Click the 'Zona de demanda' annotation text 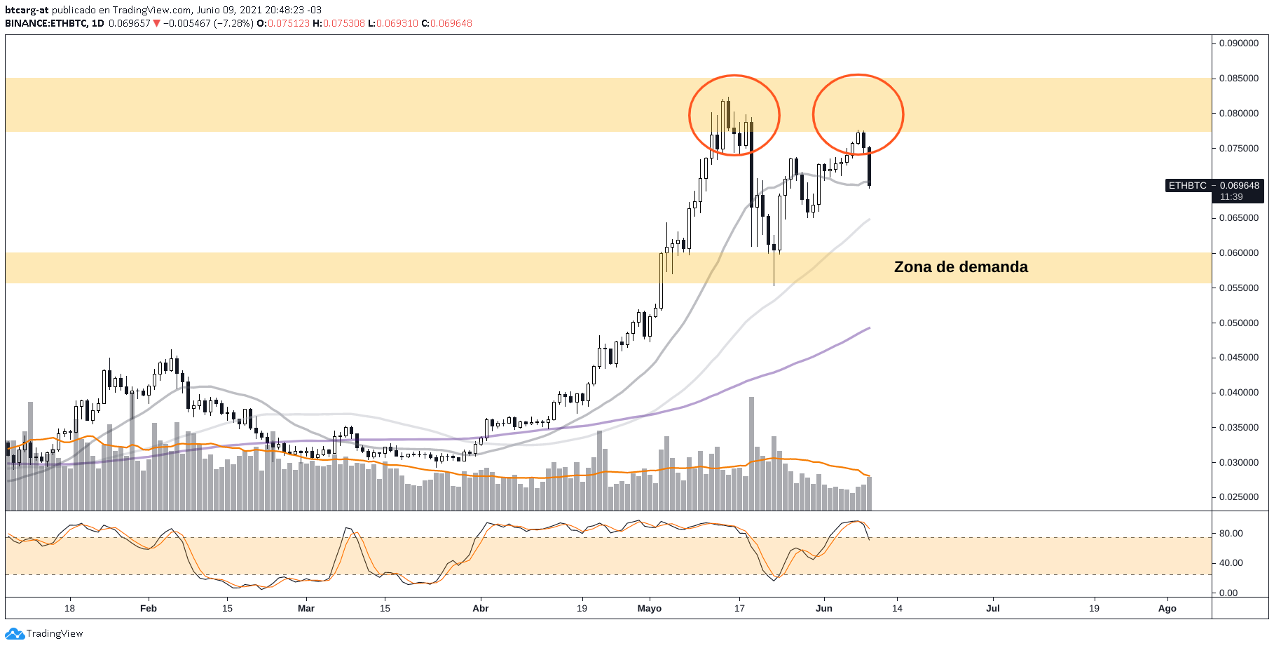tap(960, 267)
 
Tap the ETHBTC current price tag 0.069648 tap(1239, 186)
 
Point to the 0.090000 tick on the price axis tap(1239, 43)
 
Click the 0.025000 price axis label tap(1239, 497)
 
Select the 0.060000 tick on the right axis tap(1239, 253)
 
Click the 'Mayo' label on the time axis tap(650, 608)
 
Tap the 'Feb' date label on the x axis tap(149, 608)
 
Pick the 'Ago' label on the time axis tap(1167, 608)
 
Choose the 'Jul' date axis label tap(993, 608)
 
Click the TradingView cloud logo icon tap(15, 634)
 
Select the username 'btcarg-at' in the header tap(27, 10)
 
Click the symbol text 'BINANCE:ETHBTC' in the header tap(46, 23)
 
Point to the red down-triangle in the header tap(157, 23)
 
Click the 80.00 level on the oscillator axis tap(1231, 534)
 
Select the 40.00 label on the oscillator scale tap(1231, 563)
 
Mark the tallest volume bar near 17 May tap(752, 452)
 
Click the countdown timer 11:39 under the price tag tap(1231, 197)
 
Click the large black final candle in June tap(870, 167)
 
